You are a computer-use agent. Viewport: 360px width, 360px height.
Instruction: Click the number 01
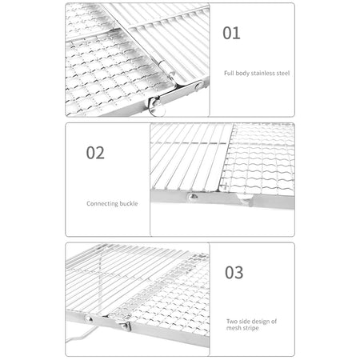click(231, 33)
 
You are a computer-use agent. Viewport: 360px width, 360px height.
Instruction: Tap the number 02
click(95, 153)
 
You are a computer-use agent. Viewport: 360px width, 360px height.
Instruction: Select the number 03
click(234, 273)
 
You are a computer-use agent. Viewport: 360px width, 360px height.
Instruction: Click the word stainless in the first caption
click(262, 73)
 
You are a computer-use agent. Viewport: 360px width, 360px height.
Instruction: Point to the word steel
click(283, 73)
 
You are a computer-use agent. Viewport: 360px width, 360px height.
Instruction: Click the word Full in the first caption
click(229, 73)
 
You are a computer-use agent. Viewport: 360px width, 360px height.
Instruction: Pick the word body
click(242, 74)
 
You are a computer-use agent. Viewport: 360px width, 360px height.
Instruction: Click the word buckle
click(129, 203)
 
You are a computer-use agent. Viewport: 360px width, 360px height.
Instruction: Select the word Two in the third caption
click(232, 322)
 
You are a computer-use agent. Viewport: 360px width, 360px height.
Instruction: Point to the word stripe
click(250, 328)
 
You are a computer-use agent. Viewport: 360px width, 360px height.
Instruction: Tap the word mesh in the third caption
click(234, 328)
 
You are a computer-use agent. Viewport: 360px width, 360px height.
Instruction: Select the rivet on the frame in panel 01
click(198, 86)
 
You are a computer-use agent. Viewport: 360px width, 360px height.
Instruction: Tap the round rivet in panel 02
click(193, 197)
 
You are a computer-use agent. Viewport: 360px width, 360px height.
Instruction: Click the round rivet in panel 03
click(88, 318)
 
